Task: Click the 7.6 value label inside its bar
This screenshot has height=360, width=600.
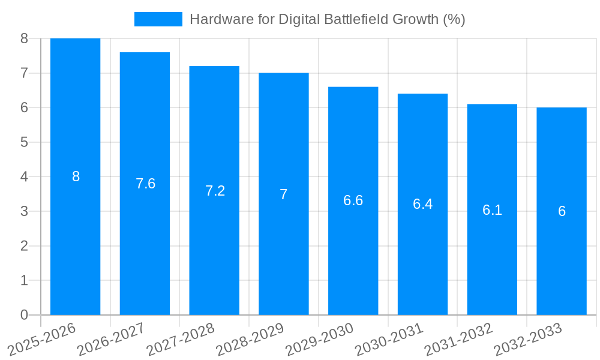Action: point(145,184)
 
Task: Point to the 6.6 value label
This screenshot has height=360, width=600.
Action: point(353,200)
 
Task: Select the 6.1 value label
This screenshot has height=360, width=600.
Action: point(492,210)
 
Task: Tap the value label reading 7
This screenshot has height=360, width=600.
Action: point(283,194)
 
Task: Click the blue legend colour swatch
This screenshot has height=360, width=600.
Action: point(158,19)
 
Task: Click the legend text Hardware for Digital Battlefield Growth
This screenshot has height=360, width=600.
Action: point(327,19)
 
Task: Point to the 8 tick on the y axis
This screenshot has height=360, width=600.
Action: point(24,38)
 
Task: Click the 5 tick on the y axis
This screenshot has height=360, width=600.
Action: point(24,142)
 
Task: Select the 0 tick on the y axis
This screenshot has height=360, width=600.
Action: point(24,315)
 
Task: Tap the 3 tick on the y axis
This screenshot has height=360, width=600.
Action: point(24,211)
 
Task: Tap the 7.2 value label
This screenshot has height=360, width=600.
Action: point(215,191)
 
